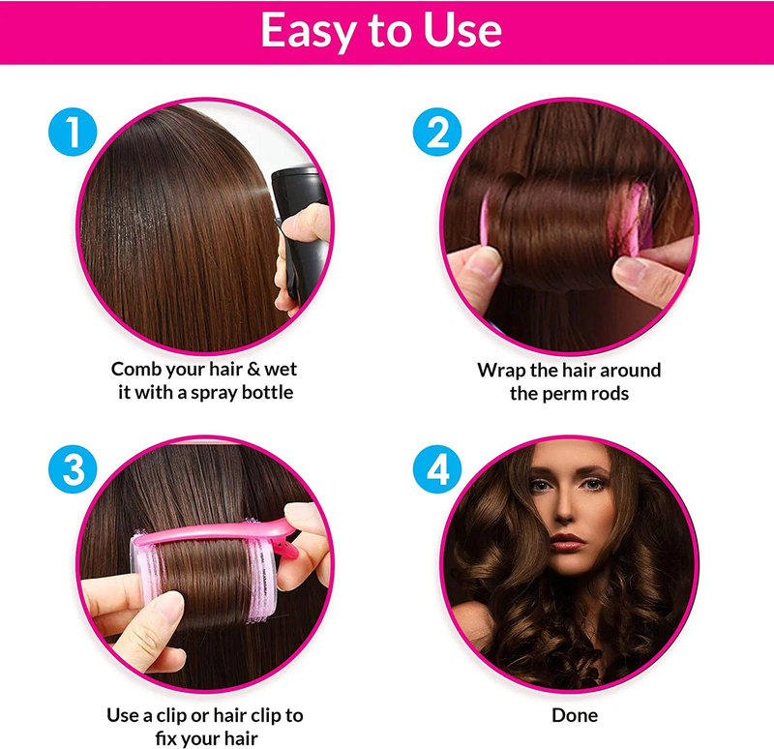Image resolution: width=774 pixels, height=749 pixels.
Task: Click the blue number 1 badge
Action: pyautogui.click(x=73, y=132)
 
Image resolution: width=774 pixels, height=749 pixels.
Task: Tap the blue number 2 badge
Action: pyautogui.click(x=437, y=132)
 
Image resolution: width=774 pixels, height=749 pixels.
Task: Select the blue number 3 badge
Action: pyautogui.click(x=73, y=469)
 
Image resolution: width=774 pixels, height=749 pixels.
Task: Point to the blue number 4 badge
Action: pyautogui.click(x=437, y=469)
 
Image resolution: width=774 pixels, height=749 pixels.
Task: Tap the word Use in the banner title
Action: pyautogui.click(x=462, y=31)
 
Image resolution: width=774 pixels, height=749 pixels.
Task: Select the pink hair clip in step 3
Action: pyautogui.click(x=217, y=536)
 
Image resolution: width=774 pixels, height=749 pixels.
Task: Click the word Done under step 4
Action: pyautogui.click(x=575, y=715)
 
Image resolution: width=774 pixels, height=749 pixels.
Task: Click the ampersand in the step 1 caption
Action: pyautogui.click(x=254, y=370)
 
